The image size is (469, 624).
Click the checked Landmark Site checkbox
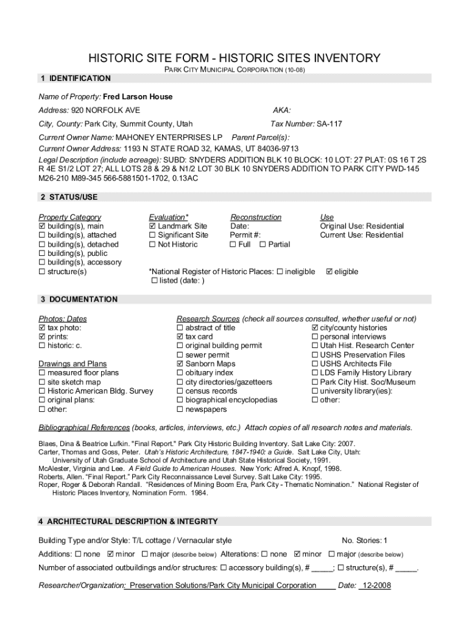[152, 227]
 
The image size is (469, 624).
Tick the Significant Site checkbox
[152, 235]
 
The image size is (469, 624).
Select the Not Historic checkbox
[152, 244]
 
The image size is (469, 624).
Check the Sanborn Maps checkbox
[180, 364]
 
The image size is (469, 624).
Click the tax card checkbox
[180, 337]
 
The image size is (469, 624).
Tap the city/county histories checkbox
[314, 328]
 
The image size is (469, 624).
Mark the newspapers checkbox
[180, 409]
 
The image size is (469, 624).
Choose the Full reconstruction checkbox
[233, 244]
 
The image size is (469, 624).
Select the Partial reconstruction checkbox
[263, 244]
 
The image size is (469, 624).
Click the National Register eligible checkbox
[330, 272]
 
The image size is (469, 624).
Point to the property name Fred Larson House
[138, 97]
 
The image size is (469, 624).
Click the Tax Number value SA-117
[329, 124]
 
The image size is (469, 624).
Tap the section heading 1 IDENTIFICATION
[76, 79]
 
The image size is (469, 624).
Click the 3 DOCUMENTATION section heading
[79, 300]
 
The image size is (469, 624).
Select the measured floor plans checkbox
[42, 373]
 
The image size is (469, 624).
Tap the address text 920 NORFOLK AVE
[106, 110]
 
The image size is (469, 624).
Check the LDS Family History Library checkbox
[314, 373]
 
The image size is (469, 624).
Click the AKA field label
[281, 110]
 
